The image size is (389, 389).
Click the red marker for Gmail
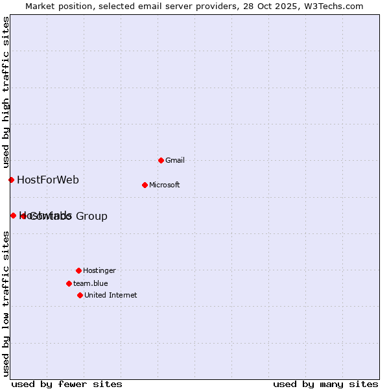(161, 160)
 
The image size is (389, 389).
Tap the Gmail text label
(175, 160)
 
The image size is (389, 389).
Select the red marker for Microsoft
(145, 185)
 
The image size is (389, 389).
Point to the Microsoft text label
(165, 185)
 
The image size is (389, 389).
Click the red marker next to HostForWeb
(11, 180)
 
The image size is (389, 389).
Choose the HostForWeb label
(48, 180)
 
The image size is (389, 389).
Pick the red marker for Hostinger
(78, 270)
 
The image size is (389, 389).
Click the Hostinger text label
(99, 270)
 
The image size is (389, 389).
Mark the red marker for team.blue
(69, 283)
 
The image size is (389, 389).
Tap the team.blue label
(91, 283)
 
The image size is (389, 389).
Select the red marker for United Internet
(80, 295)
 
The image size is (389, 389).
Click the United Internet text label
(111, 295)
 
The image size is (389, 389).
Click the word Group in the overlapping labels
(92, 216)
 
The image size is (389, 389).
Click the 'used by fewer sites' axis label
(67, 384)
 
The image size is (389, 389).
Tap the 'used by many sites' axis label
(325, 384)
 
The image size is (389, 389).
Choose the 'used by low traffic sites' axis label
(6, 303)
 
